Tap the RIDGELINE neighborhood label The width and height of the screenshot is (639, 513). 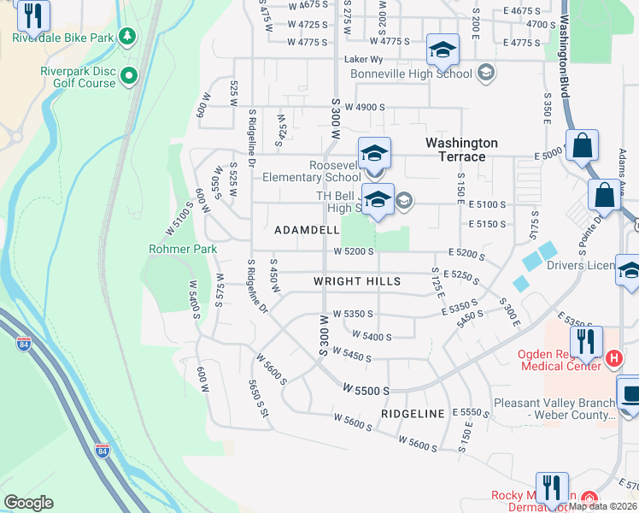tap(413, 414)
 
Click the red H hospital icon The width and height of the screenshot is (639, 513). tap(612, 357)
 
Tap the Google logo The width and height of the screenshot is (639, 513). tap(28, 503)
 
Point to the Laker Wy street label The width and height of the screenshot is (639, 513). tap(362, 60)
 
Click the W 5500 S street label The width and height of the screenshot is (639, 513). tap(366, 389)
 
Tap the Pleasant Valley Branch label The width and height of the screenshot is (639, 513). tap(554, 403)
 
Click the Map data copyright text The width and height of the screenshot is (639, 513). tap(602, 505)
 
